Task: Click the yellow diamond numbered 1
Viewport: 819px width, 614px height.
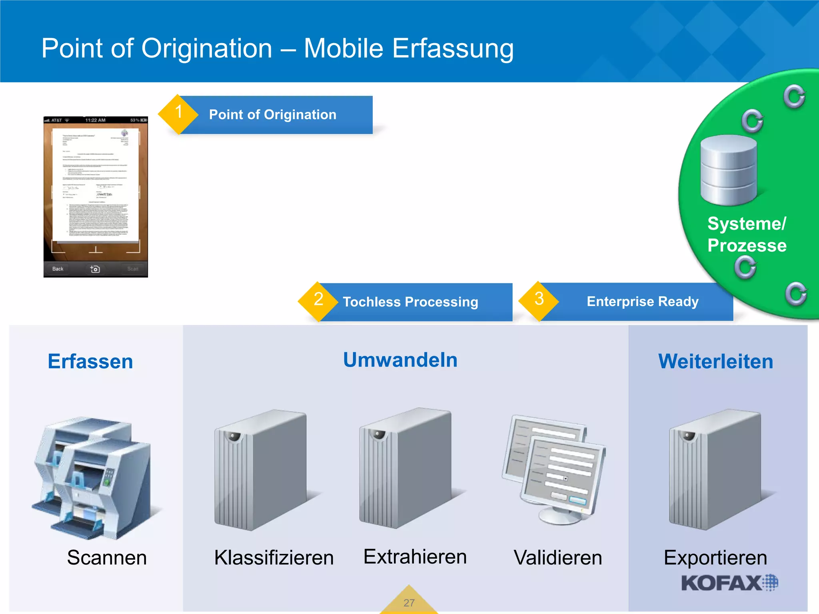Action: click(x=178, y=114)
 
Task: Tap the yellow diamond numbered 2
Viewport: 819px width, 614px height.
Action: click(x=318, y=301)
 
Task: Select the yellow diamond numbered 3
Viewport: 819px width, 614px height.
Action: click(x=539, y=301)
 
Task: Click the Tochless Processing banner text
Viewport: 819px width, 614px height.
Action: click(x=410, y=302)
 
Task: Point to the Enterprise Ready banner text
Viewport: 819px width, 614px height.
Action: click(x=642, y=301)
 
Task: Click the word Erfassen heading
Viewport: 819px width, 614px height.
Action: click(x=90, y=361)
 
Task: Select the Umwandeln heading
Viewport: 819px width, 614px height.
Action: click(x=400, y=360)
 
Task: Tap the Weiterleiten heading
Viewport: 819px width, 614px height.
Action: click(x=715, y=361)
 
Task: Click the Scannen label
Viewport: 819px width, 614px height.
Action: click(x=107, y=557)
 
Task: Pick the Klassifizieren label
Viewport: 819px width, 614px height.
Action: click(x=274, y=557)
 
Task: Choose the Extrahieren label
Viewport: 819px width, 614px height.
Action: click(x=415, y=556)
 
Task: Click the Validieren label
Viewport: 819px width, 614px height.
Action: click(x=558, y=557)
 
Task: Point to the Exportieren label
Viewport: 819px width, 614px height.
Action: click(x=715, y=557)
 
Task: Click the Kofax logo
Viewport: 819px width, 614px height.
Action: click(x=729, y=583)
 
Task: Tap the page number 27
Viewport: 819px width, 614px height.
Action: click(x=409, y=603)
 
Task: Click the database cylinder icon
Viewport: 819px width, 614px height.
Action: click(x=729, y=170)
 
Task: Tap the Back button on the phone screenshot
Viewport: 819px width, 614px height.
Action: click(x=58, y=269)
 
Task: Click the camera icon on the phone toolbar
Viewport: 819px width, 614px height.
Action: click(x=95, y=269)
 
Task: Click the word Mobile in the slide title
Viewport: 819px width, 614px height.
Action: click(x=344, y=48)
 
